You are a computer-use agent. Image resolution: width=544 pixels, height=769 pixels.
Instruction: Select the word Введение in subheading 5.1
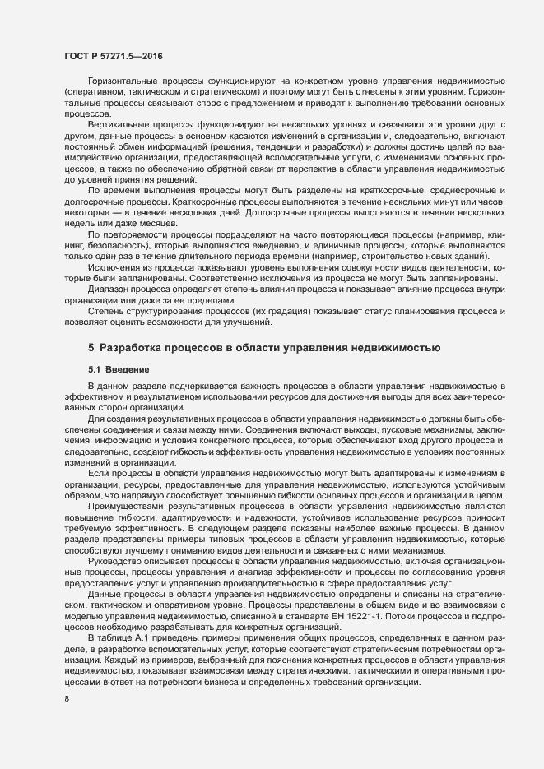coord(128,369)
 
